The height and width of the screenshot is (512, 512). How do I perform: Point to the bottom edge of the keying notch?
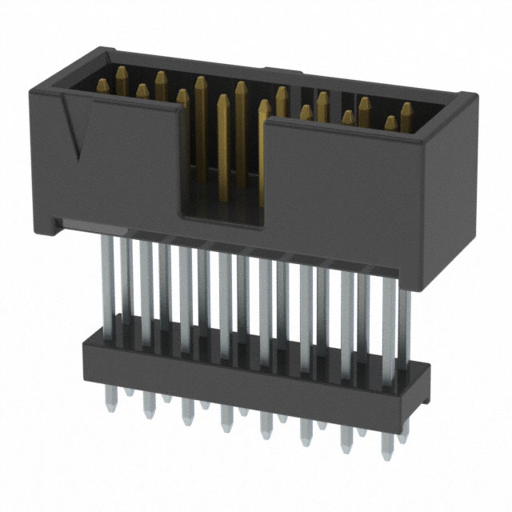(x=221, y=217)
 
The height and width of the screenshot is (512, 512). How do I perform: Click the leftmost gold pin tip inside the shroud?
(x=102, y=82)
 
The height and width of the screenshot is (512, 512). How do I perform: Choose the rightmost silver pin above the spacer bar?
(x=404, y=320)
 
